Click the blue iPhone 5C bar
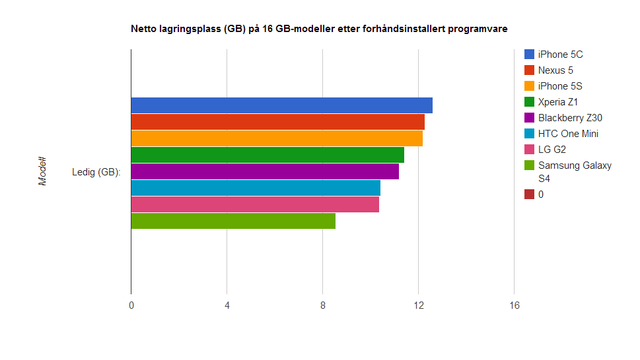point(281,105)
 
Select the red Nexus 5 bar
point(278,122)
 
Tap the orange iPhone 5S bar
point(277,138)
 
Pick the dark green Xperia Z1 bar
point(267,155)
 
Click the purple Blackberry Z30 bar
point(265,171)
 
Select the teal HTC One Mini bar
point(255,188)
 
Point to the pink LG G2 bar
point(255,204)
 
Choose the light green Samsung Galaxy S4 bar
point(233,221)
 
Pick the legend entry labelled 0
point(541,194)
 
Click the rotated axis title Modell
point(43,171)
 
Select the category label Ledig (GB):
point(96,172)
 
